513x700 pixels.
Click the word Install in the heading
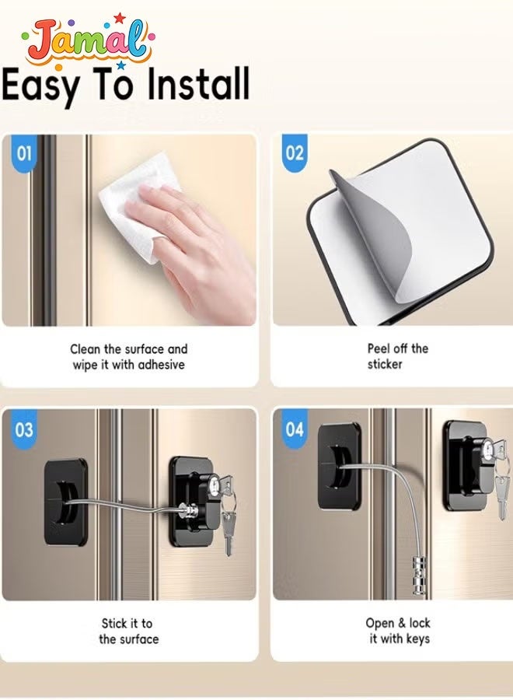point(198,83)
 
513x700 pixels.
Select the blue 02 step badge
point(295,153)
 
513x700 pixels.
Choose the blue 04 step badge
point(295,429)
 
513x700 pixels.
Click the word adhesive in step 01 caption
point(161,365)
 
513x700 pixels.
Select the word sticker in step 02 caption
point(385,364)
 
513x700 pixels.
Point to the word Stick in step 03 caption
point(113,623)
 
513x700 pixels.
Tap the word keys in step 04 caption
point(418,639)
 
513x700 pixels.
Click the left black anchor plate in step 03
point(65,502)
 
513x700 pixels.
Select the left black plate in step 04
point(340,467)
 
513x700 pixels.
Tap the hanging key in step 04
point(502,496)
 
